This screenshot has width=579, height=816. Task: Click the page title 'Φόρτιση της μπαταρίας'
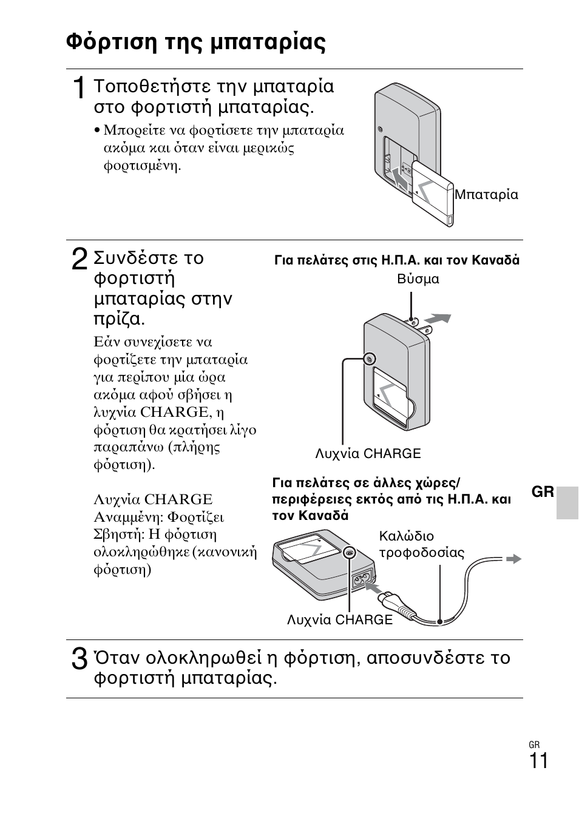click(195, 42)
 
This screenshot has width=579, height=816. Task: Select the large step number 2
click(79, 260)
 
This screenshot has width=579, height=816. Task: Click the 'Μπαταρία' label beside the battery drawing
click(486, 195)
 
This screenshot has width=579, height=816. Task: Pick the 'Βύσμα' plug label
click(418, 279)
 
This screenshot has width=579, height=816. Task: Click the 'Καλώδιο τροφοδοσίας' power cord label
click(421, 544)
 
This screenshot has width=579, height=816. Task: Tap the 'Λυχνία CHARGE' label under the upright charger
click(368, 454)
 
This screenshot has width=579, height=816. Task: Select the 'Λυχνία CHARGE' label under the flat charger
click(340, 620)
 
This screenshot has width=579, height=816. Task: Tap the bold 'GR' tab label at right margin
click(543, 492)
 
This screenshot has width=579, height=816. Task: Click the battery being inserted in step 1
click(433, 192)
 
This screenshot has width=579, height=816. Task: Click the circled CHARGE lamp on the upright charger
click(370, 359)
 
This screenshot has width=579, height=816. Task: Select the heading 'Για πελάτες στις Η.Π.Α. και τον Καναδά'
click(397, 260)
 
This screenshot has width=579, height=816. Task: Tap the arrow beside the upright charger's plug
click(438, 318)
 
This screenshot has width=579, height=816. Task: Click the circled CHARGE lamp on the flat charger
click(350, 553)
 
